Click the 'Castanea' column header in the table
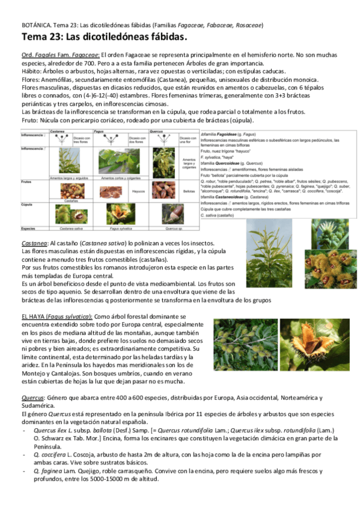tap(58, 130)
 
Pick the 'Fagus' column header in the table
tap(104, 130)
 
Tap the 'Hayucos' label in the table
tap(138, 190)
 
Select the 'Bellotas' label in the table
tap(187, 190)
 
